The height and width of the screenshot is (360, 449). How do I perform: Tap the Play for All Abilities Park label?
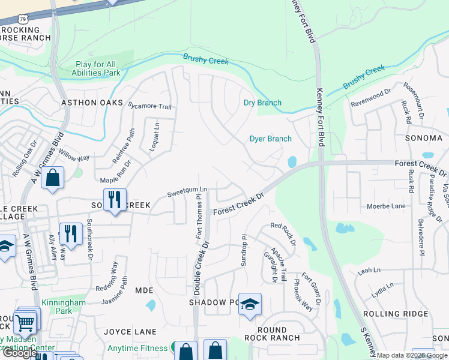98,68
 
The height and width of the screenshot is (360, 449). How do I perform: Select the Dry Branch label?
262,103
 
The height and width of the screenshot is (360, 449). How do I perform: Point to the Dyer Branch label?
271,139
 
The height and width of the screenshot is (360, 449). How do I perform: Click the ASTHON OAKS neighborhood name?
88,103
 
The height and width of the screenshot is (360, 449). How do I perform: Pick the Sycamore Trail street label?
151,106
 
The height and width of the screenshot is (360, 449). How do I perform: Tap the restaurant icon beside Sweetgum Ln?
114,199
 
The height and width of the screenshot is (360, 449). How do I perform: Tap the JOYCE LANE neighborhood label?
130,331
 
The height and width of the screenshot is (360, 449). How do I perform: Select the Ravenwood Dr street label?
370,94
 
